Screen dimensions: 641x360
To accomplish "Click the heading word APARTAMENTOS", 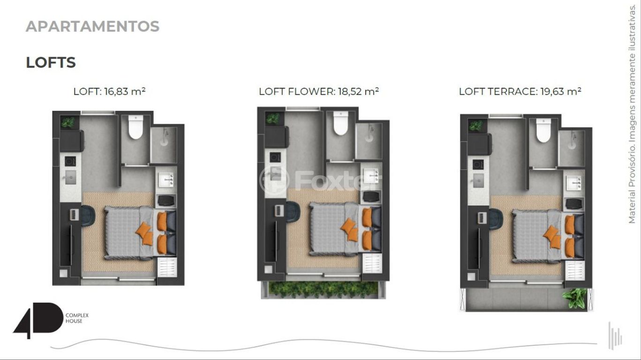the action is pyautogui.click(x=92, y=26).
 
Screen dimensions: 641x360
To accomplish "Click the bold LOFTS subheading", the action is pyautogui.click(x=51, y=62).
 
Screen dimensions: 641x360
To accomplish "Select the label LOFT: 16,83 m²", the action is pyautogui.click(x=109, y=91).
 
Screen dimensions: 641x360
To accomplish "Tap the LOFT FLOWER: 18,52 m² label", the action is pyautogui.click(x=319, y=91).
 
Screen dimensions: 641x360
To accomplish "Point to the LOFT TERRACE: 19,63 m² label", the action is pyautogui.click(x=520, y=91).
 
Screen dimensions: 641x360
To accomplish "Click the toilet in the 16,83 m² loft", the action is pyautogui.click(x=136, y=127).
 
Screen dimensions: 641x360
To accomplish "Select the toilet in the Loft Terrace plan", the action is pyautogui.click(x=543, y=130).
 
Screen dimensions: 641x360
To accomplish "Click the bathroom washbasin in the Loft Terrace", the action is pyautogui.click(x=574, y=182).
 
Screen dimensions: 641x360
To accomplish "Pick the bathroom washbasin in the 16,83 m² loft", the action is pyautogui.click(x=166, y=180).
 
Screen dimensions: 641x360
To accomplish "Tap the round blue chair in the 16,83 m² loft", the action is pyautogui.click(x=88, y=216).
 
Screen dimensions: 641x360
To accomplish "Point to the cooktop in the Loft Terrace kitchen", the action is pyautogui.click(x=478, y=165).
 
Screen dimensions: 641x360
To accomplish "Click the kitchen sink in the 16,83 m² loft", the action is pyautogui.click(x=70, y=178).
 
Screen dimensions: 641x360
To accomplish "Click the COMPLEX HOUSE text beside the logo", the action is pyautogui.click(x=77, y=318).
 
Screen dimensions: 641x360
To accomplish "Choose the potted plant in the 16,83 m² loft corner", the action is pyautogui.click(x=68, y=122).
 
